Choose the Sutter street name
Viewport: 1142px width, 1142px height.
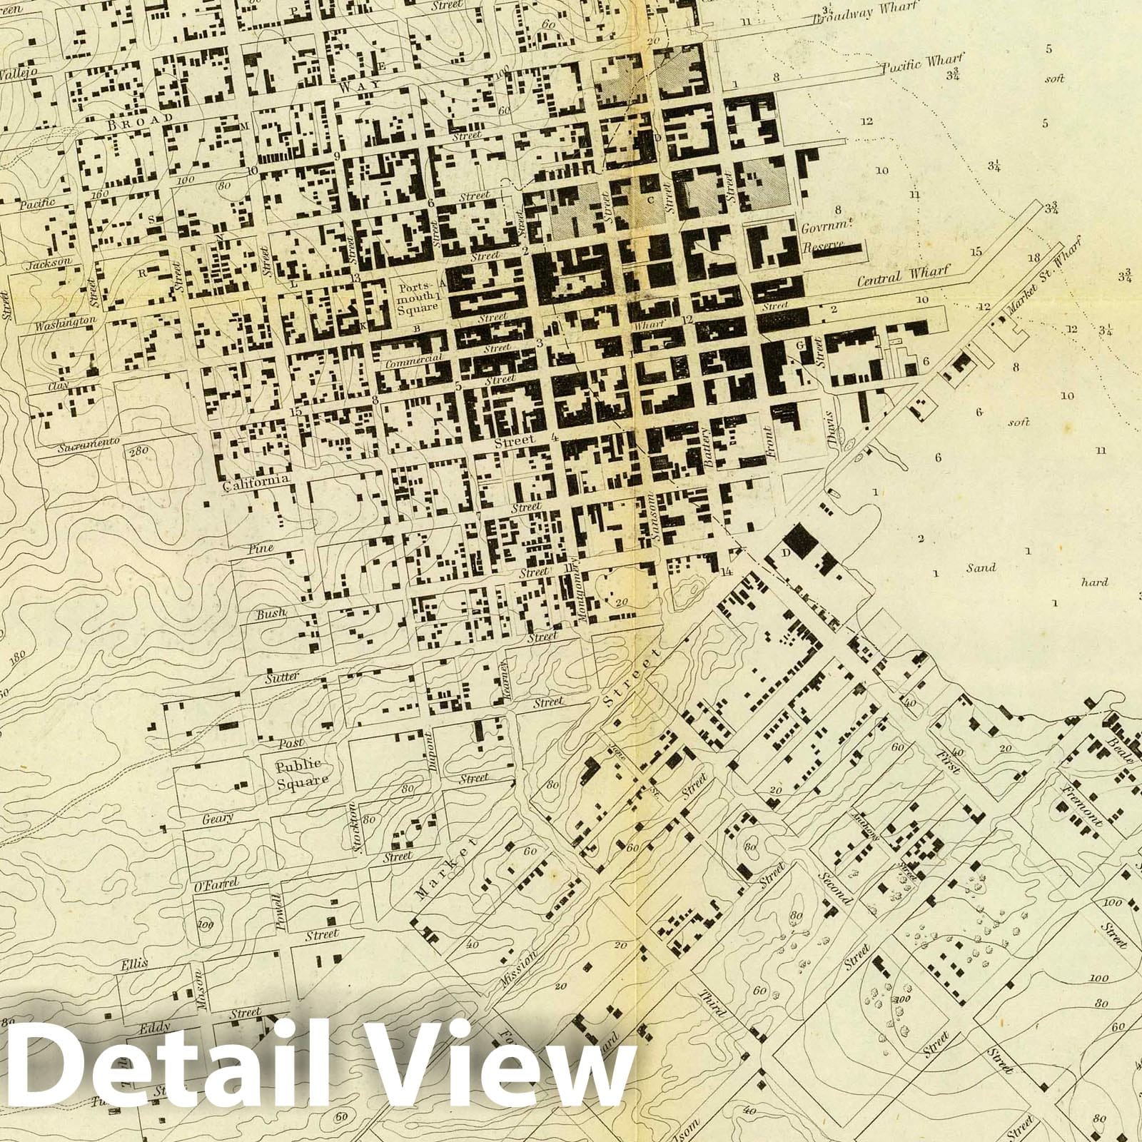click(x=281, y=677)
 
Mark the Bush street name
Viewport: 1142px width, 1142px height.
click(x=271, y=613)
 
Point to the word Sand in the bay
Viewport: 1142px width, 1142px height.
click(x=981, y=568)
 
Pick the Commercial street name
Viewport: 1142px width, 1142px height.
click(x=414, y=360)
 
